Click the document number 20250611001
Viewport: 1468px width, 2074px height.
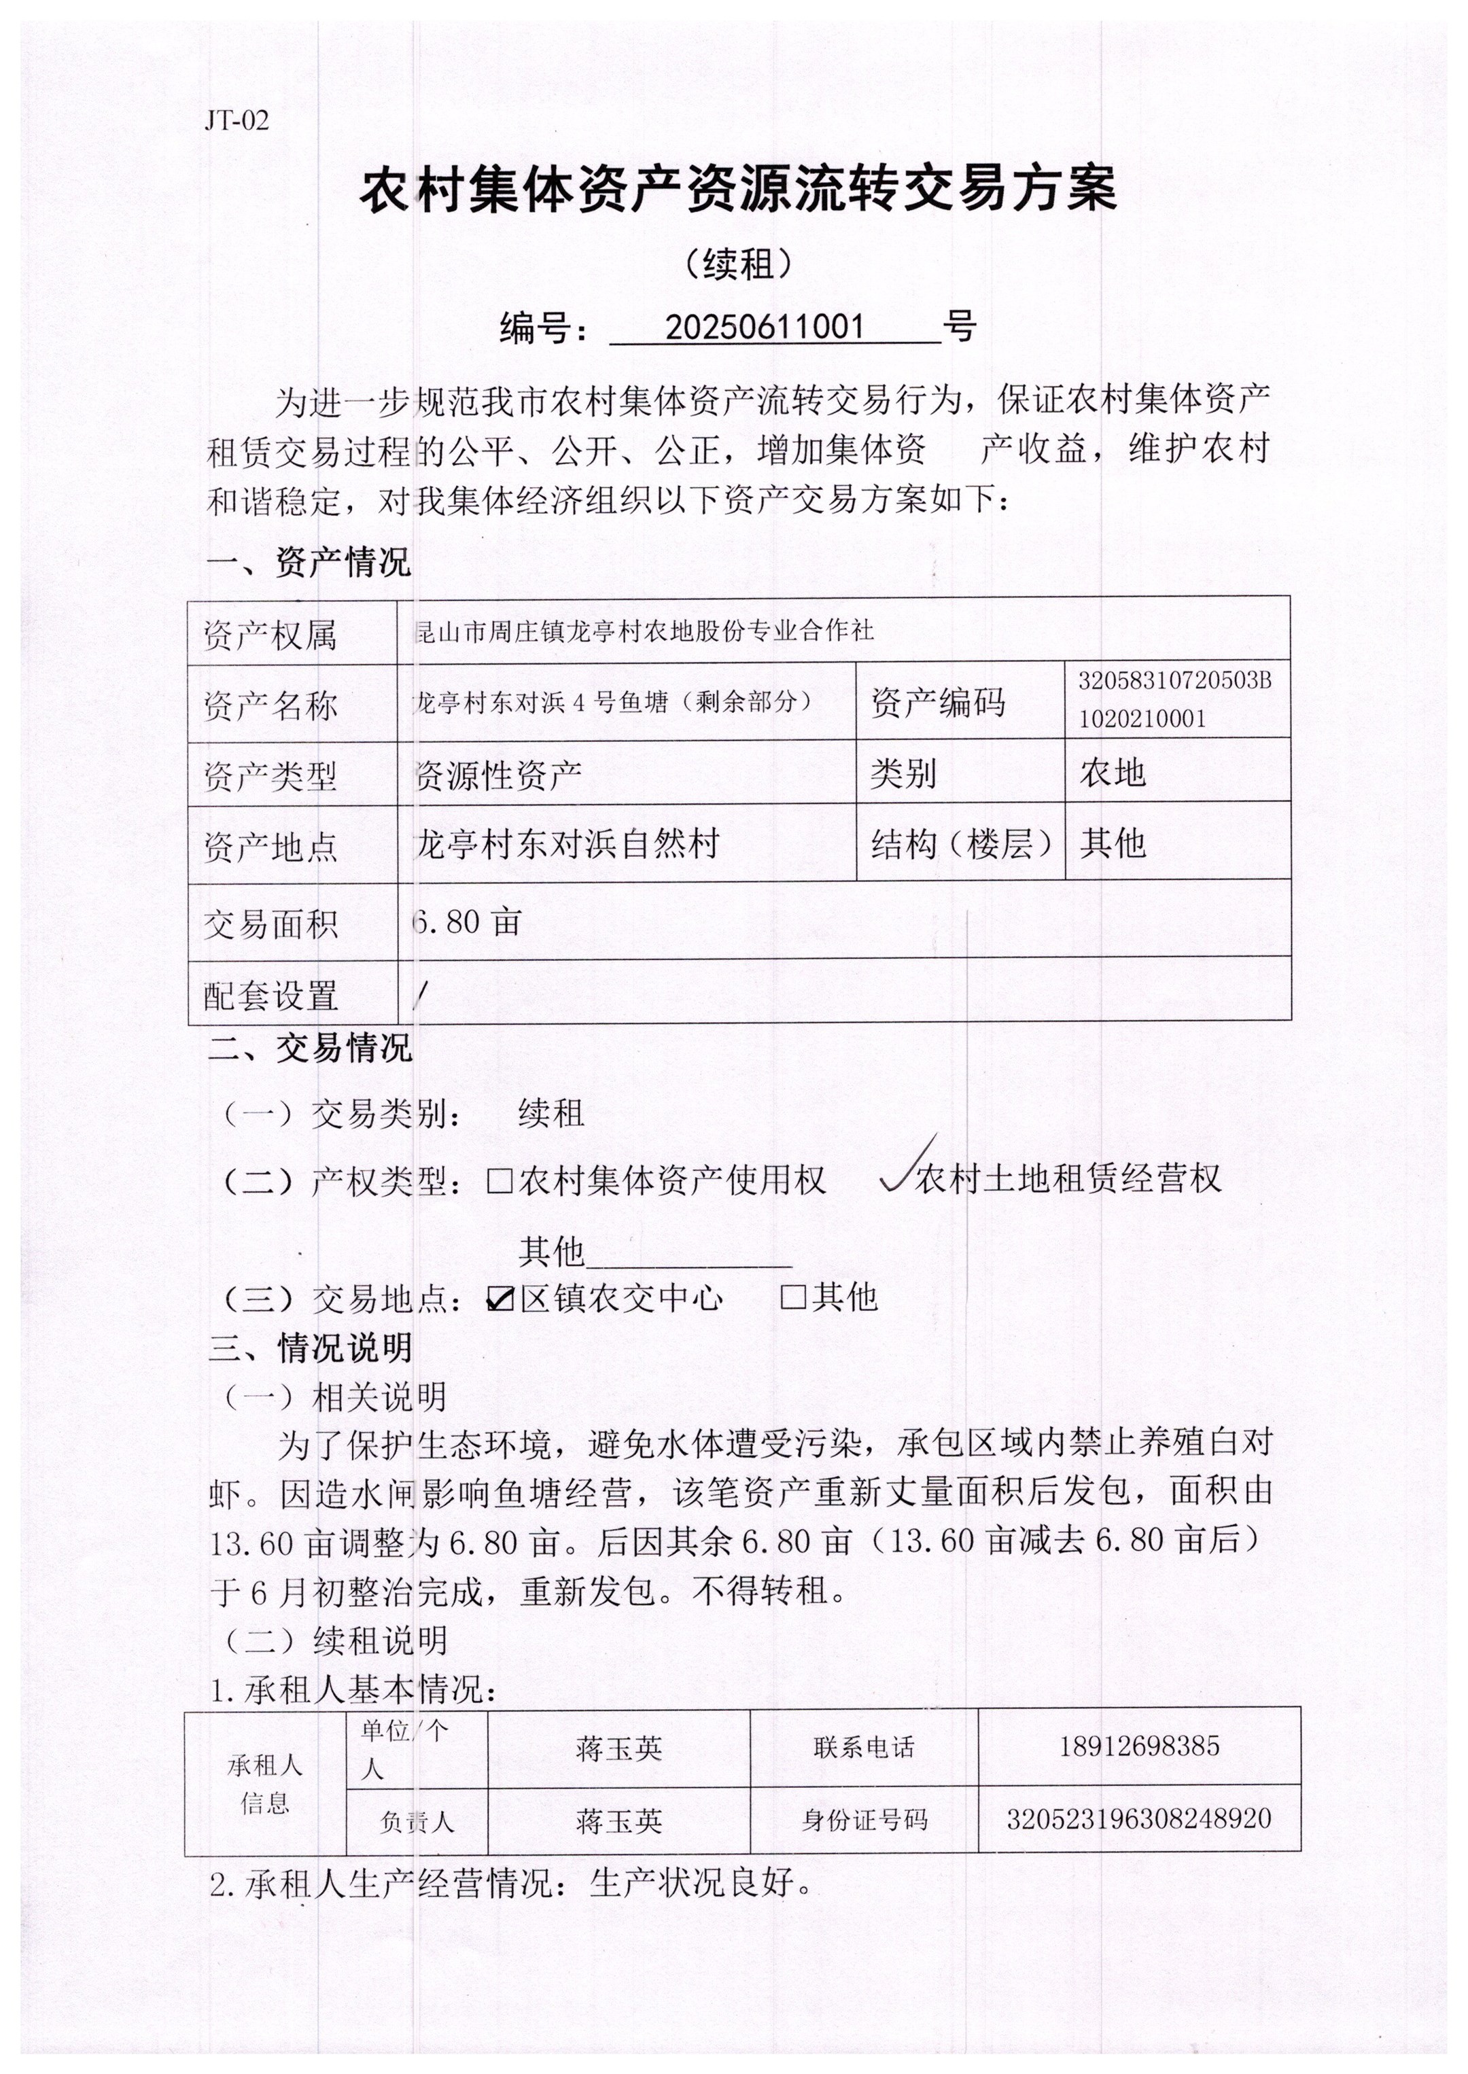click(765, 326)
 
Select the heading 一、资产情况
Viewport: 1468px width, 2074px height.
click(309, 562)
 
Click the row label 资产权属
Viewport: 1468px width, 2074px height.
click(270, 635)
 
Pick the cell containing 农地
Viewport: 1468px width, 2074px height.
click(1113, 773)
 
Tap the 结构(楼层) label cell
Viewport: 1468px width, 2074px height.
click(961, 844)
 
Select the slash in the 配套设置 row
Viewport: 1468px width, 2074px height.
click(419, 994)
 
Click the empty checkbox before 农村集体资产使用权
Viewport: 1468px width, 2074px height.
click(500, 1180)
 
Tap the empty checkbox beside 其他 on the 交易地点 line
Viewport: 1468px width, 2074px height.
click(792, 1298)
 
